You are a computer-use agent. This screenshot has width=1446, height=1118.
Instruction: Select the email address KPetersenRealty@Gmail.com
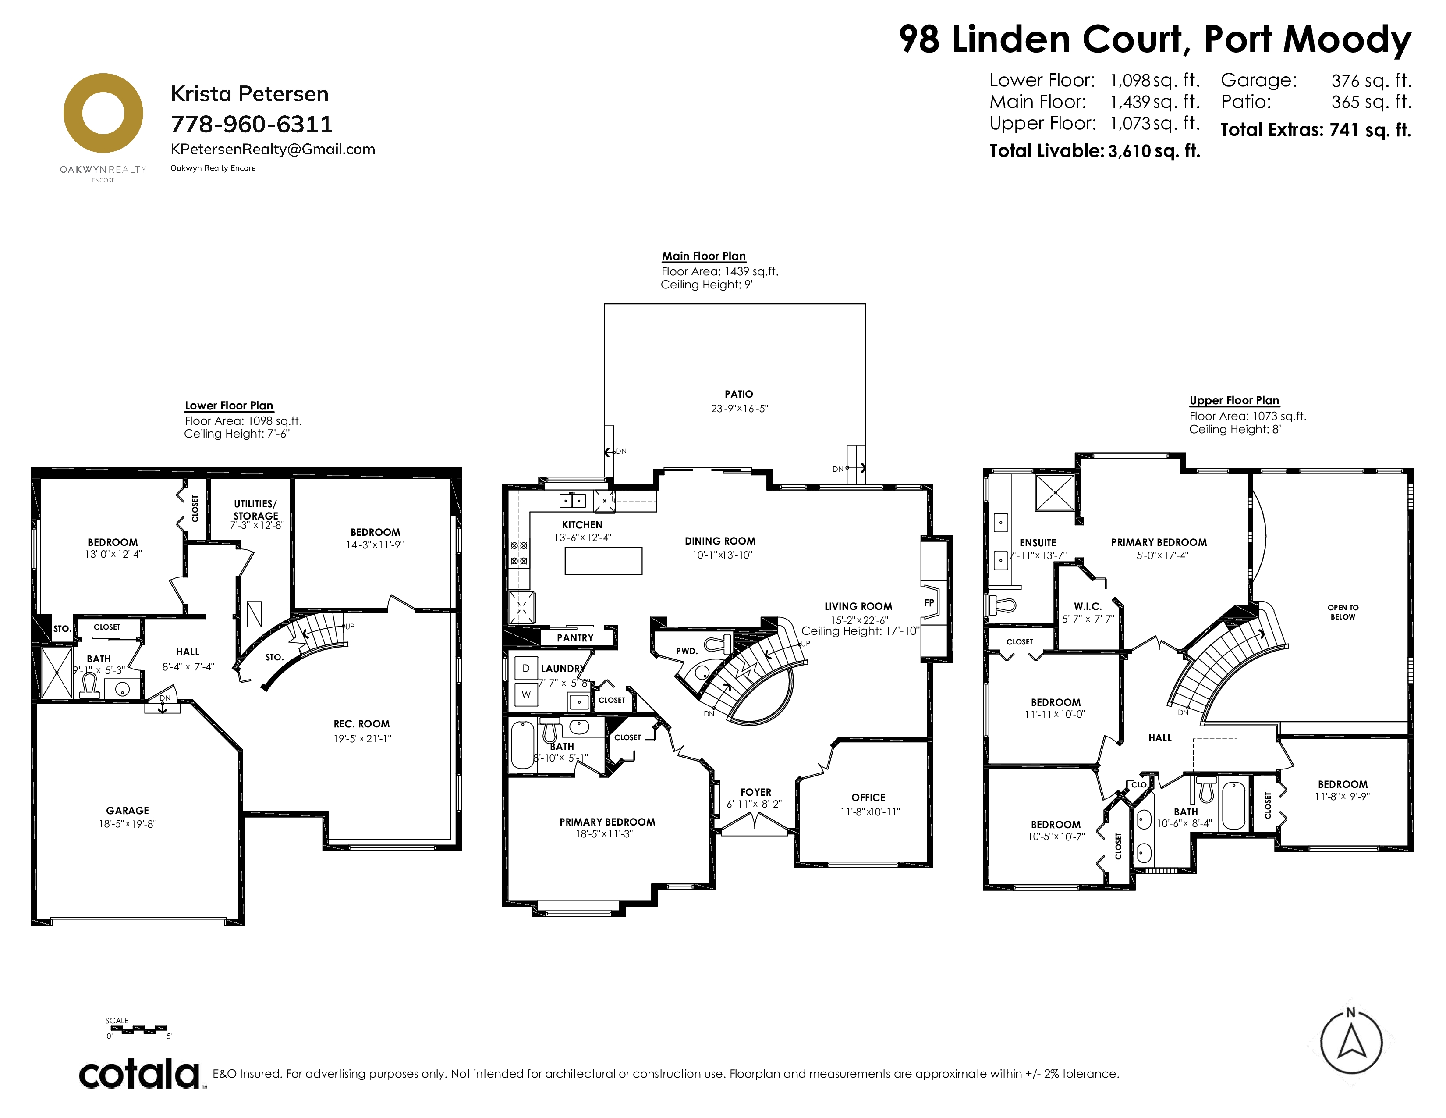273,150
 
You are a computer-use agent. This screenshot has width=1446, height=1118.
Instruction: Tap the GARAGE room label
128,811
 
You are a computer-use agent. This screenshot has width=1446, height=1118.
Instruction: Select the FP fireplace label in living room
929,603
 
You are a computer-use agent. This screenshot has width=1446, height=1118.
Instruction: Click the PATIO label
739,394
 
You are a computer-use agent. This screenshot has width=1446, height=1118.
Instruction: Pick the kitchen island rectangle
603,560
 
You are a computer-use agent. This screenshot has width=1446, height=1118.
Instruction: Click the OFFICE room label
868,798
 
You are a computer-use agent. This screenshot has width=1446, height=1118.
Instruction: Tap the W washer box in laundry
526,695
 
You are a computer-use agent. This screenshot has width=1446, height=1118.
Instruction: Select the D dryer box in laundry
526,668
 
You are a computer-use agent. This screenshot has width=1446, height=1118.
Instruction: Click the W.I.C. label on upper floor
1088,606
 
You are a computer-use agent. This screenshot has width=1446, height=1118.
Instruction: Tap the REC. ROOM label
361,724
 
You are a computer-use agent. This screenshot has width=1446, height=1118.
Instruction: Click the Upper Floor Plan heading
1234,401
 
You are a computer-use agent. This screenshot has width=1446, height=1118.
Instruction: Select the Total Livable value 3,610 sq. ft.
1154,151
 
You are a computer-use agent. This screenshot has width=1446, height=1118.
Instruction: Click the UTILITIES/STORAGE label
255,509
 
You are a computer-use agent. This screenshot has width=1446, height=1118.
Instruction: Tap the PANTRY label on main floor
575,638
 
